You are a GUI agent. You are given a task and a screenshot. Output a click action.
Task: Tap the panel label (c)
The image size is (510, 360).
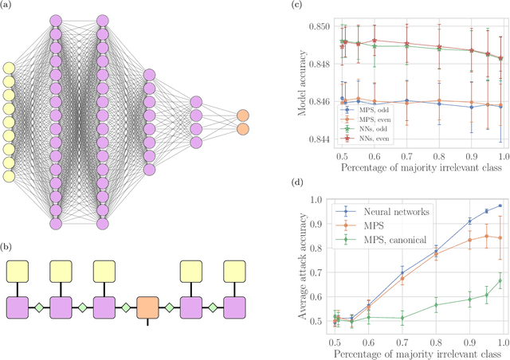317,6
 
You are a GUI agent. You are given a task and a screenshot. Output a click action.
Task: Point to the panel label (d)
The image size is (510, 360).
317,190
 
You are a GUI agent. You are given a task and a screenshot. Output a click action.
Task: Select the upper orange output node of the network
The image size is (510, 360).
242,115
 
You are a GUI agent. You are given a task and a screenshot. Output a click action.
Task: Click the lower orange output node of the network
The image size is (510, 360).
242,129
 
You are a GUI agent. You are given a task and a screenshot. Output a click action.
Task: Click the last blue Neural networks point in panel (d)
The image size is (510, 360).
500,205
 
